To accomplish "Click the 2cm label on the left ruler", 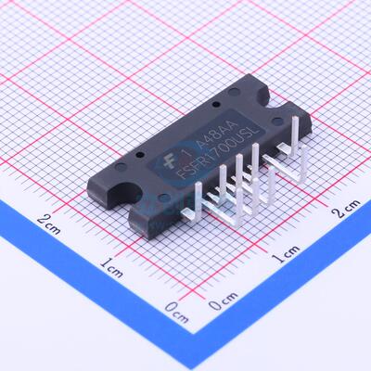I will [49, 220].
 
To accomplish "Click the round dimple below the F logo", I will [163, 198].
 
